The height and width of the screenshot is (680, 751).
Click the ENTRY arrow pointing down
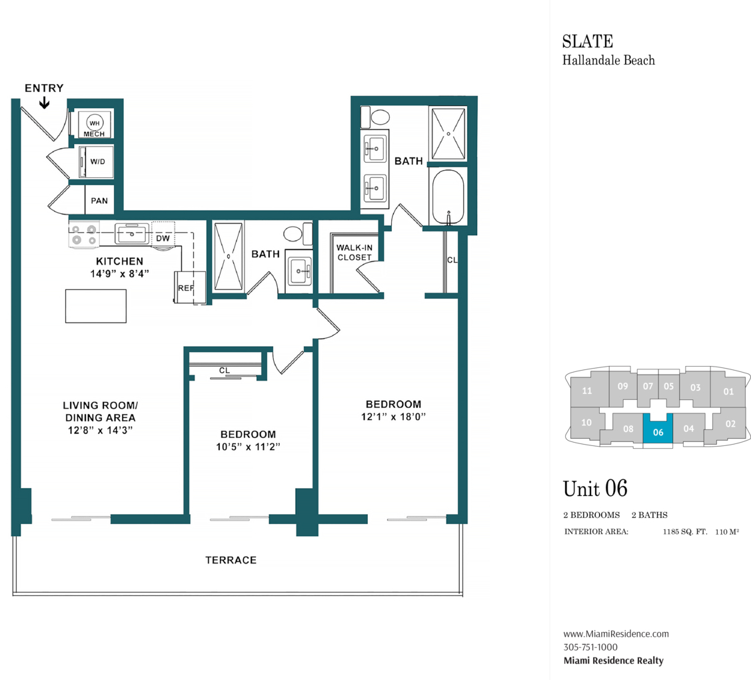(45, 103)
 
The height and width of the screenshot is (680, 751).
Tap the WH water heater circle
(95, 123)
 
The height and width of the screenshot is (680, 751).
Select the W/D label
(98, 161)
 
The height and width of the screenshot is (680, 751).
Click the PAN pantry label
(99, 201)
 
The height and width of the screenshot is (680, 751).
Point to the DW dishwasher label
(163, 238)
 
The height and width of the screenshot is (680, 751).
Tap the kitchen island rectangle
(96, 306)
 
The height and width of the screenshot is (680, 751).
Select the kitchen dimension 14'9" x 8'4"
(120, 273)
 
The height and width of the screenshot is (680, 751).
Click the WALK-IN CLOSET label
(355, 253)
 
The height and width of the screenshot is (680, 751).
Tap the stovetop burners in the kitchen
(84, 235)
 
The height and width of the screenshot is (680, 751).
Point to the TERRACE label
(231, 560)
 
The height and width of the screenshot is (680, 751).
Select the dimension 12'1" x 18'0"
(393, 417)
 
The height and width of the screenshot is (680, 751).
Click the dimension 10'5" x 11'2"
(248, 447)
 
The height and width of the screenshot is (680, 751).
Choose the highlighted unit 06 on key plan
(658, 429)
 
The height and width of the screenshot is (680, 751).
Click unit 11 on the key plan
(586, 391)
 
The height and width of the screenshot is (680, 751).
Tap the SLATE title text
(588, 42)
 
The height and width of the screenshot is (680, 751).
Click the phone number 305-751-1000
(590, 647)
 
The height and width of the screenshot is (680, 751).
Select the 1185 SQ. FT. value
(685, 531)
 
